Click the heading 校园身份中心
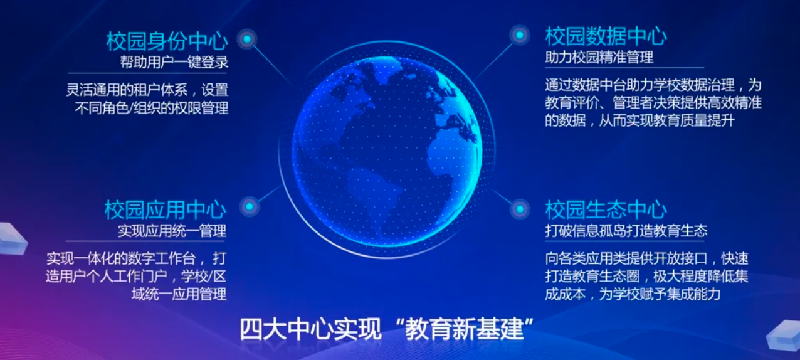pos(167,41)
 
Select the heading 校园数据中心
pos(606,36)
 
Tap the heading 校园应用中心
pos(165,209)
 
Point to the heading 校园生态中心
pos(606,209)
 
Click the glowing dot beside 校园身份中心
pos(247,39)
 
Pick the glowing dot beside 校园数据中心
pos(520,35)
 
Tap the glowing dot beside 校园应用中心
pos(250,206)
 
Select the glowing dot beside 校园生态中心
pos(520,209)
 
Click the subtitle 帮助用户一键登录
pos(174,62)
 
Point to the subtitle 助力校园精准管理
pos(599,57)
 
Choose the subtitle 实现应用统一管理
pos(172,231)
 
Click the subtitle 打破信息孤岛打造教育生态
pos(626,231)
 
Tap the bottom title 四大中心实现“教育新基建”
pos(386,329)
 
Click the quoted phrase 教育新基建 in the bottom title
pos(465,329)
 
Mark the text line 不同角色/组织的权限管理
pos(152,108)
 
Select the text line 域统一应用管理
pos(179,294)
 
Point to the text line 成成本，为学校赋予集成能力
pos(633,294)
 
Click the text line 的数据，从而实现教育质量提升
pos(639,120)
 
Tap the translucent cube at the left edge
pos(13,238)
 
